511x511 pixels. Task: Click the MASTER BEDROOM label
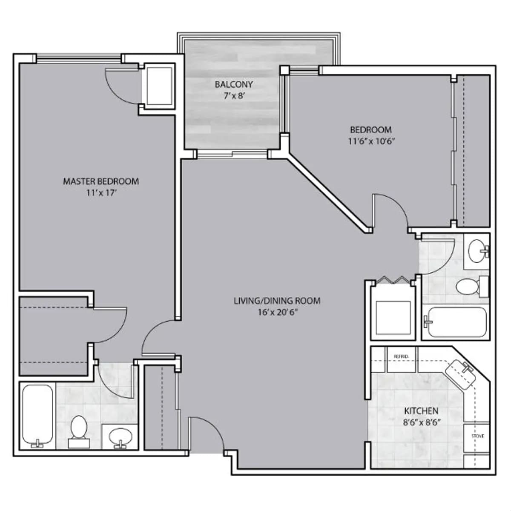pyautogui.click(x=101, y=181)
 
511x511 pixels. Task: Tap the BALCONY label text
pyautogui.click(x=234, y=84)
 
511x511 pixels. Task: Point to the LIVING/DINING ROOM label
pyautogui.click(x=277, y=301)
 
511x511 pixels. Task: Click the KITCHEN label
pyautogui.click(x=421, y=411)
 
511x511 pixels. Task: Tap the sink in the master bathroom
pyautogui.click(x=120, y=436)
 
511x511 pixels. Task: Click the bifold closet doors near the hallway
pyautogui.click(x=392, y=281)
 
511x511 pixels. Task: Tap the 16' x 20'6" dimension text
pyautogui.click(x=277, y=312)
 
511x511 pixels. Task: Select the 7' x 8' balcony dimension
pyautogui.click(x=234, y=96)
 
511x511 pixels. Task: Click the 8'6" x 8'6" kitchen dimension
pyautogui.click(x=421, y=422)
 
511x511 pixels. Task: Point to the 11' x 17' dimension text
pyautogui.click(x=101, y=193)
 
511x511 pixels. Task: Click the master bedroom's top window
pyautogui.click(x=79, y=58)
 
